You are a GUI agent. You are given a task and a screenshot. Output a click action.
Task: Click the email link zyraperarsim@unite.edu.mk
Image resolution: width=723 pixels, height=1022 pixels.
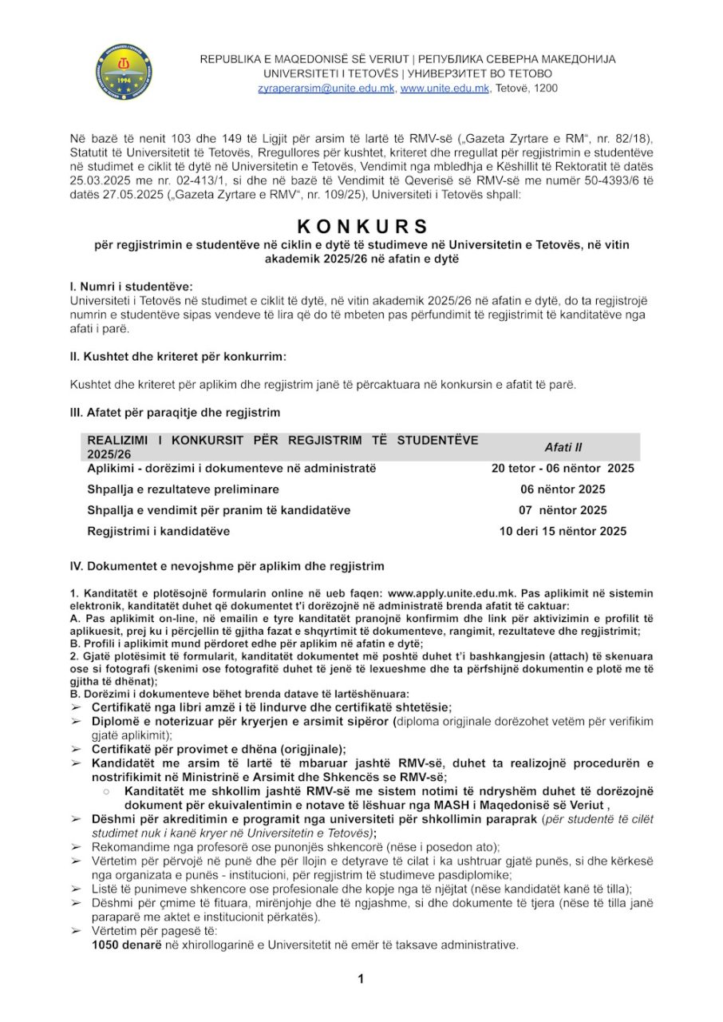(x=326, y=88)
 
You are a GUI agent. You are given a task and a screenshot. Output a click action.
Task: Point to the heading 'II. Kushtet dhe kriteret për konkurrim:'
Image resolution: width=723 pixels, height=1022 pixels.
(x=179, y=356)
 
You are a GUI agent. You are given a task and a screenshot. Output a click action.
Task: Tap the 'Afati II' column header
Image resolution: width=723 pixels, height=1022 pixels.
(x=563, y=448)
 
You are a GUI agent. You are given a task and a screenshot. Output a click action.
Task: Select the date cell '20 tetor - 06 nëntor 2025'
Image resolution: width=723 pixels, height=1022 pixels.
(x=563, y=469)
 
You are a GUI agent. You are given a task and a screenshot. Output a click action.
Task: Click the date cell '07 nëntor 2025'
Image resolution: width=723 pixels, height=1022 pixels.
(x=562, y=510)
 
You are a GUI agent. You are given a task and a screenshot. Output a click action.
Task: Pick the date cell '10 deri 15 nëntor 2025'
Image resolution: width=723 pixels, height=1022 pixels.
(x=563, y=531)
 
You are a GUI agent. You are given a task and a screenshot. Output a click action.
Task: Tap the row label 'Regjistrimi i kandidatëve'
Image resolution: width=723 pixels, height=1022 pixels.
(x=159, y=531)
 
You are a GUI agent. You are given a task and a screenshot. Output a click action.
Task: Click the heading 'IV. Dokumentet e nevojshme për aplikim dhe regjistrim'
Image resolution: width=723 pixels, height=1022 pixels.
(x=227, y=566)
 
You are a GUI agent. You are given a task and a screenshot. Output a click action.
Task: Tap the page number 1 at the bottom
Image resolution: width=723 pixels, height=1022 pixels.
(x=361, y=979)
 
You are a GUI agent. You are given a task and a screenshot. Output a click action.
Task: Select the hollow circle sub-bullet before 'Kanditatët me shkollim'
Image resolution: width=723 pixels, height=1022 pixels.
(x=106, y=790)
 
